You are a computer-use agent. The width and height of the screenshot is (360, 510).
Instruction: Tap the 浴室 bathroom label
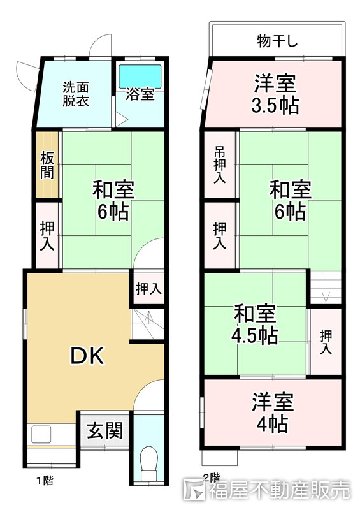[140, 95]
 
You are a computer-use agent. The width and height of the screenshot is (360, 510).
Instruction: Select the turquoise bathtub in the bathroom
[140, 75]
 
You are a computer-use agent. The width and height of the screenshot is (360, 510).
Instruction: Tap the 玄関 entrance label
[105, 432]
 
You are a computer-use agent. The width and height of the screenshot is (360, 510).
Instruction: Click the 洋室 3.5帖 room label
[276, 94]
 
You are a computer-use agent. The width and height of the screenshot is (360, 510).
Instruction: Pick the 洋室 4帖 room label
[272, 412]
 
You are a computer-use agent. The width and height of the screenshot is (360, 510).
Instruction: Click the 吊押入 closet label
[219, 165]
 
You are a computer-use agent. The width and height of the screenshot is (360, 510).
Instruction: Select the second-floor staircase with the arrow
[326, 287]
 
